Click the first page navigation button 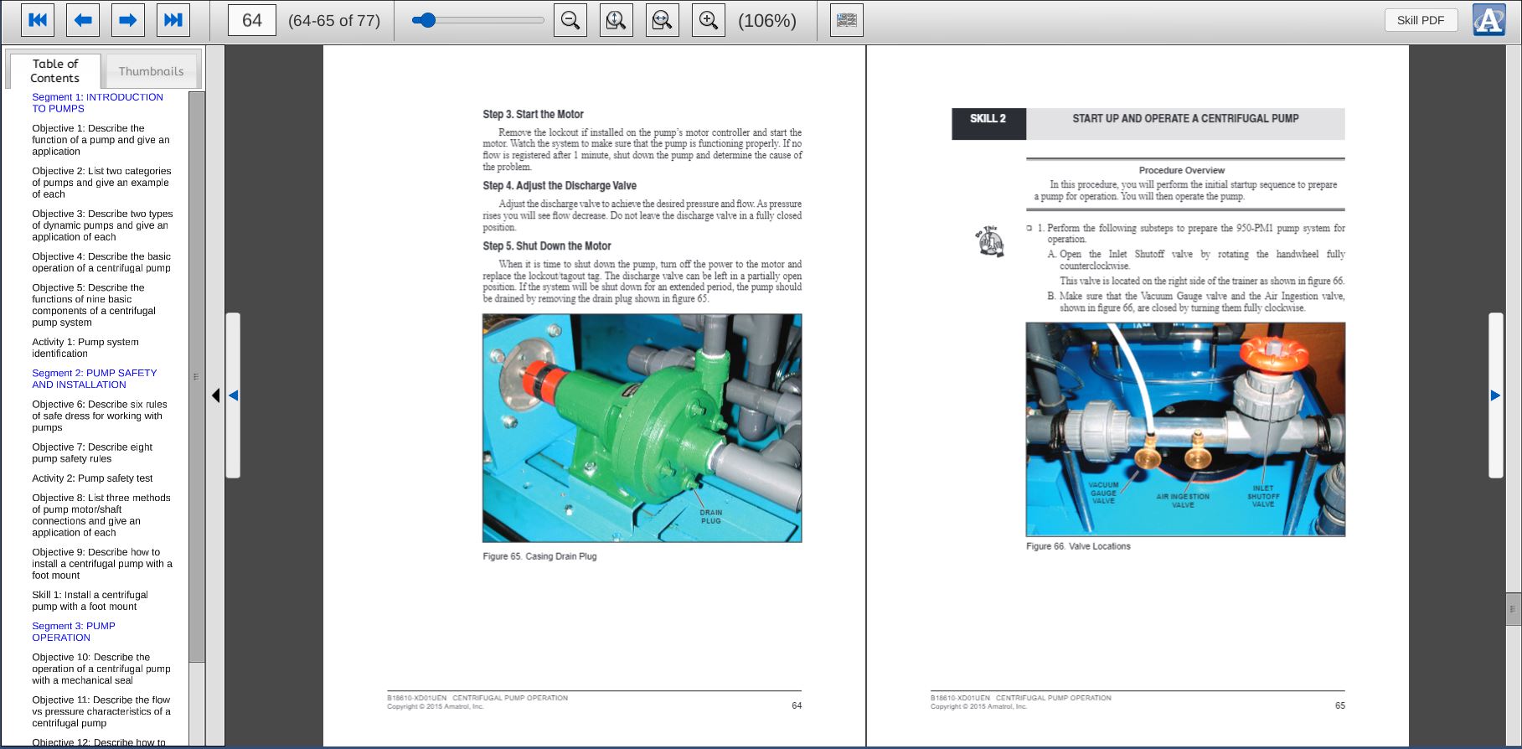tap(38, 20)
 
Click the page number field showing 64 tap(251, 20)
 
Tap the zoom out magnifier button tap(570, 20)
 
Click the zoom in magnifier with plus tap(709, 20)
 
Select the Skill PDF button tap(1420, 20)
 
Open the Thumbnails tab tap(151, 71)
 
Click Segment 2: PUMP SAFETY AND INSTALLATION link tap(94, 379)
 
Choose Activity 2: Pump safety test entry tap(92, 478)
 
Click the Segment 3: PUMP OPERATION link tap(74, 632)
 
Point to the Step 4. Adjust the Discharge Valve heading tap(560, 186)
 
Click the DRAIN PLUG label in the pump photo tap(710, 516)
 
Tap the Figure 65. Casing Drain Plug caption tap(539, 556)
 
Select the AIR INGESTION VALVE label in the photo tap(1183, 500)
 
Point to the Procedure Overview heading tap(1181, 170)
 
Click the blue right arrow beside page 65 tap(1495, 395)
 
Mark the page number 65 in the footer tap(1339, 705)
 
